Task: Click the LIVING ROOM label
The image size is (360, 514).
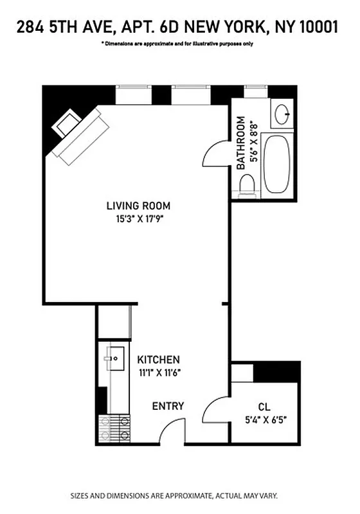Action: [x=138, y=206]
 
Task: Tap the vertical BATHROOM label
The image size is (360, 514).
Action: [x=241, y=143]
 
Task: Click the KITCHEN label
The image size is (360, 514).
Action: [x=158, y=360]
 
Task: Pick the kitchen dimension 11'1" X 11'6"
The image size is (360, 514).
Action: [x=158, y=372]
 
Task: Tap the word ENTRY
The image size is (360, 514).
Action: [x=168, y=406]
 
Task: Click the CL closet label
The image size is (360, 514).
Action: [x=264, y=407]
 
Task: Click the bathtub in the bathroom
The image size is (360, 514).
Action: [x=278, y=164]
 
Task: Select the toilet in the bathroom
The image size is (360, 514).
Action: [x=246, y=185]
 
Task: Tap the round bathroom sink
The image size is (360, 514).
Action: [x=282, y=115]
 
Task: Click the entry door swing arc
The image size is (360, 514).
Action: [x=171, y=432]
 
